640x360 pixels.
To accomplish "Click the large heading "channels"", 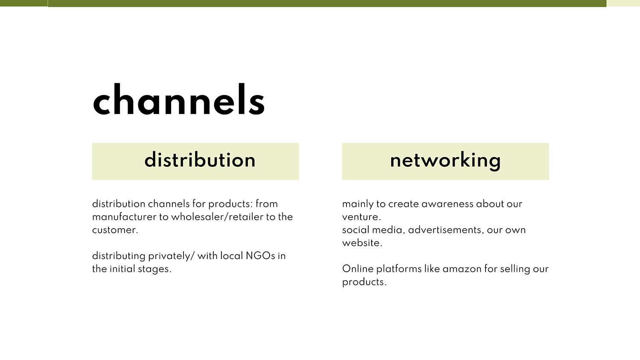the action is pyautogui.click(x=179, y=99).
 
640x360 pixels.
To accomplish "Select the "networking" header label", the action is pyautogui.click(x=445, y=161).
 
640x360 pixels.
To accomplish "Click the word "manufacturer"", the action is pyautogui.click(x=124, y=217).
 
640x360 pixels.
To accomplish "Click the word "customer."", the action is pyautogui.click(x=115, y=230).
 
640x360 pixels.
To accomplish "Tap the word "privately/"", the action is pyautogui.click(x=171, y=256).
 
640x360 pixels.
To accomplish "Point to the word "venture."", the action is pyautogui.click(x=361, y=217).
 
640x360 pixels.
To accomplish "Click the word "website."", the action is pyautogui.click(x=362, y=243).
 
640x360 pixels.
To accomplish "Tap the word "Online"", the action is pyautogui.click(x=358, y=269).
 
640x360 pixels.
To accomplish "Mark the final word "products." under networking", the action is pyautogui.click(x=364, y=282).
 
